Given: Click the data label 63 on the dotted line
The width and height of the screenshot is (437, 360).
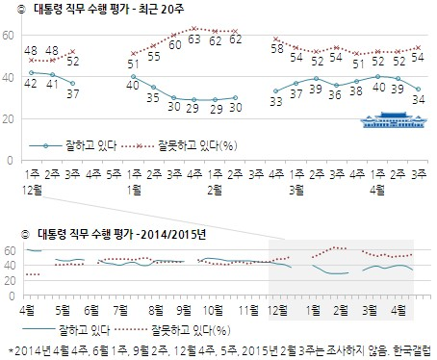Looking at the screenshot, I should (x=194, y=40).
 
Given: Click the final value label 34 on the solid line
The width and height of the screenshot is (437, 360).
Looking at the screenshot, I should (x=416, y=98).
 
